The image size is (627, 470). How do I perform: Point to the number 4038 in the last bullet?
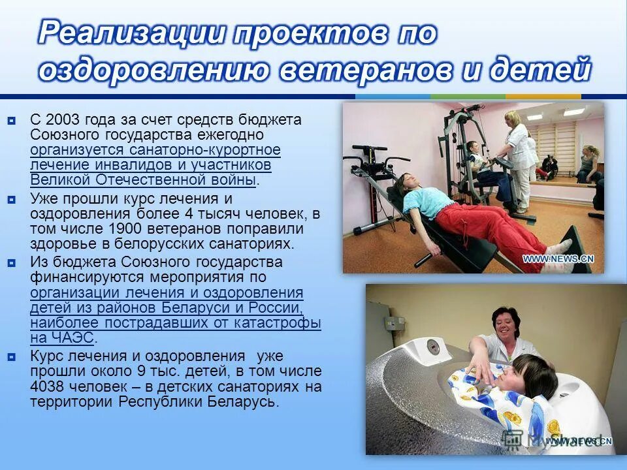point(47,386)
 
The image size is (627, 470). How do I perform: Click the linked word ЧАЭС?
point(62,338)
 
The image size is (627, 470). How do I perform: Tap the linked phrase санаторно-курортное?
point(202,150)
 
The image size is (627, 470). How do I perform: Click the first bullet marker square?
point(12,121)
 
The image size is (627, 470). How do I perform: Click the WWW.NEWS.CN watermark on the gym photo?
point(558,258)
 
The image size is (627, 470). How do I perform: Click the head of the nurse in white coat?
point(513,119)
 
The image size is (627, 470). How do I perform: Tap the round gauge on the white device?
point(431,345)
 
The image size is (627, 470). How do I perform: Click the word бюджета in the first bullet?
point(270,120)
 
